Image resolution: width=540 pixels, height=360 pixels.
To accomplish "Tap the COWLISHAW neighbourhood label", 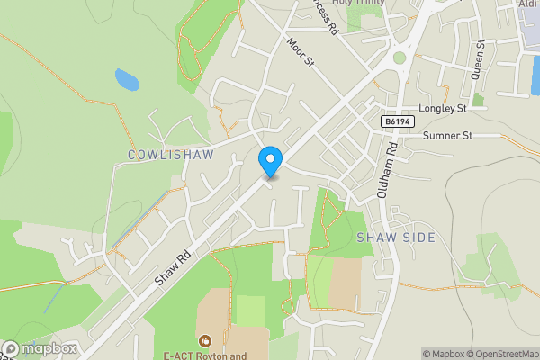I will pyautogui.click(x=171, y=155).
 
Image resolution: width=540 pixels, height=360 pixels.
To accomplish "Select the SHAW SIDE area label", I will pyautogui.click(x=396, y=238).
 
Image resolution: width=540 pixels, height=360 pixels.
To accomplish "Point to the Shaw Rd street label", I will pyautogui.click(x=174, y=269).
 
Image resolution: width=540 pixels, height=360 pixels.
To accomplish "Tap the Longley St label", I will pyautogui.click(x=436, y=108).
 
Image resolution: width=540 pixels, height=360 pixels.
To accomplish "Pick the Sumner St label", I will pyautogui.click(x=447, y=136).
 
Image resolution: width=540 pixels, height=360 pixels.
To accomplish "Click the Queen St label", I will pyautogui.click(x=481, y=59).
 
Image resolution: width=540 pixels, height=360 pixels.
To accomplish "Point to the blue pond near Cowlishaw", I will pyautogui.click(x=127, y=81).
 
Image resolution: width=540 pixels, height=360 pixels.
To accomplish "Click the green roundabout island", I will pyautogui.click(x=399, y=58).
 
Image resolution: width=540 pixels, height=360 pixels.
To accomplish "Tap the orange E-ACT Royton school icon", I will pyautogui.click(x=206, y=340).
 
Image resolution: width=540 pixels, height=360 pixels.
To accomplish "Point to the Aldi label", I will pyautogui.click(x=528, y=5).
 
